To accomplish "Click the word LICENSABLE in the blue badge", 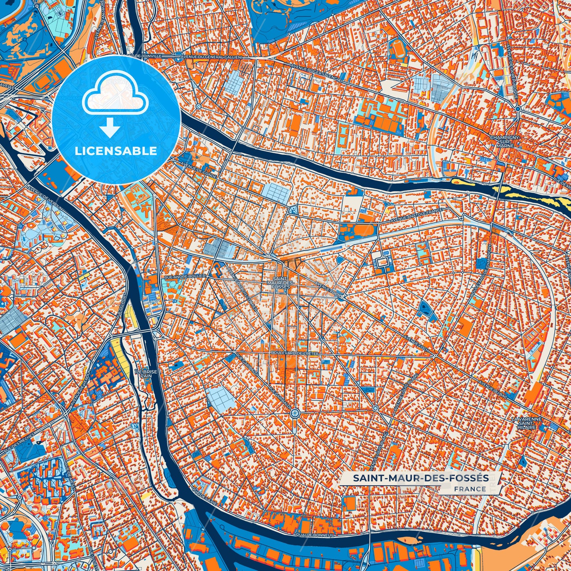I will coord(116,151).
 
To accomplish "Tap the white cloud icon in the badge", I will coord(115,95).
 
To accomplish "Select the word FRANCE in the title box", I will coord(470,489).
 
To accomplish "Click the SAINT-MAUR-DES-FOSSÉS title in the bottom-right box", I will coord(420,478).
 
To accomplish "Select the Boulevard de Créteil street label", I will coord(294,352).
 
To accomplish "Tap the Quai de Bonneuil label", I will coord(315,535).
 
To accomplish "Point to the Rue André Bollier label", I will coord(185,277).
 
